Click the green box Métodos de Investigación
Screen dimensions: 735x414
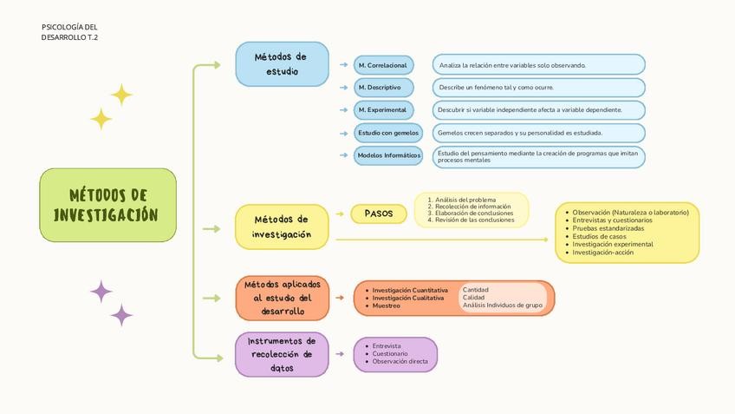(x=107, y=205)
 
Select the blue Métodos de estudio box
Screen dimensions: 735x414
(x=282, y=64)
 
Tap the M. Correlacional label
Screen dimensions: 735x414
(x=383, y=65)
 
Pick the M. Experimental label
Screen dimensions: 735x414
(x=382, y=110)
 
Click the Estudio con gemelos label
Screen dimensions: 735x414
(x=387, y=133)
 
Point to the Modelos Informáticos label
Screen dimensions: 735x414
(x=388, y=155)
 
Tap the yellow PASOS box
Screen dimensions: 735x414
(x=379, y=214)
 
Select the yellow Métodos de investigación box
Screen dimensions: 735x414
(x=282, y=227)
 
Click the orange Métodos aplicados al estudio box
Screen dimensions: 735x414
(x=282, y=298)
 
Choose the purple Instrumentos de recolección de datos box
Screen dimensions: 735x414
(x=282, y=354)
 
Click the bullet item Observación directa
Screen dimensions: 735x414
(x=400, y=361)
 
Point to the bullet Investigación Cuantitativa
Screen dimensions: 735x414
(x=410, y=290)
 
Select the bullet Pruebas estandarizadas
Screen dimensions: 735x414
(x=608, y=228)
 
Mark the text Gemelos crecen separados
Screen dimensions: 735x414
(x=520, y=133)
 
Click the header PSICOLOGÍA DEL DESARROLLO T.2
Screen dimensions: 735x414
(x=69, y=32)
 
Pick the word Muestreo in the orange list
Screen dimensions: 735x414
(x=387, y=306)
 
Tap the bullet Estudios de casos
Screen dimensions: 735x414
(x=600, y=236)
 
